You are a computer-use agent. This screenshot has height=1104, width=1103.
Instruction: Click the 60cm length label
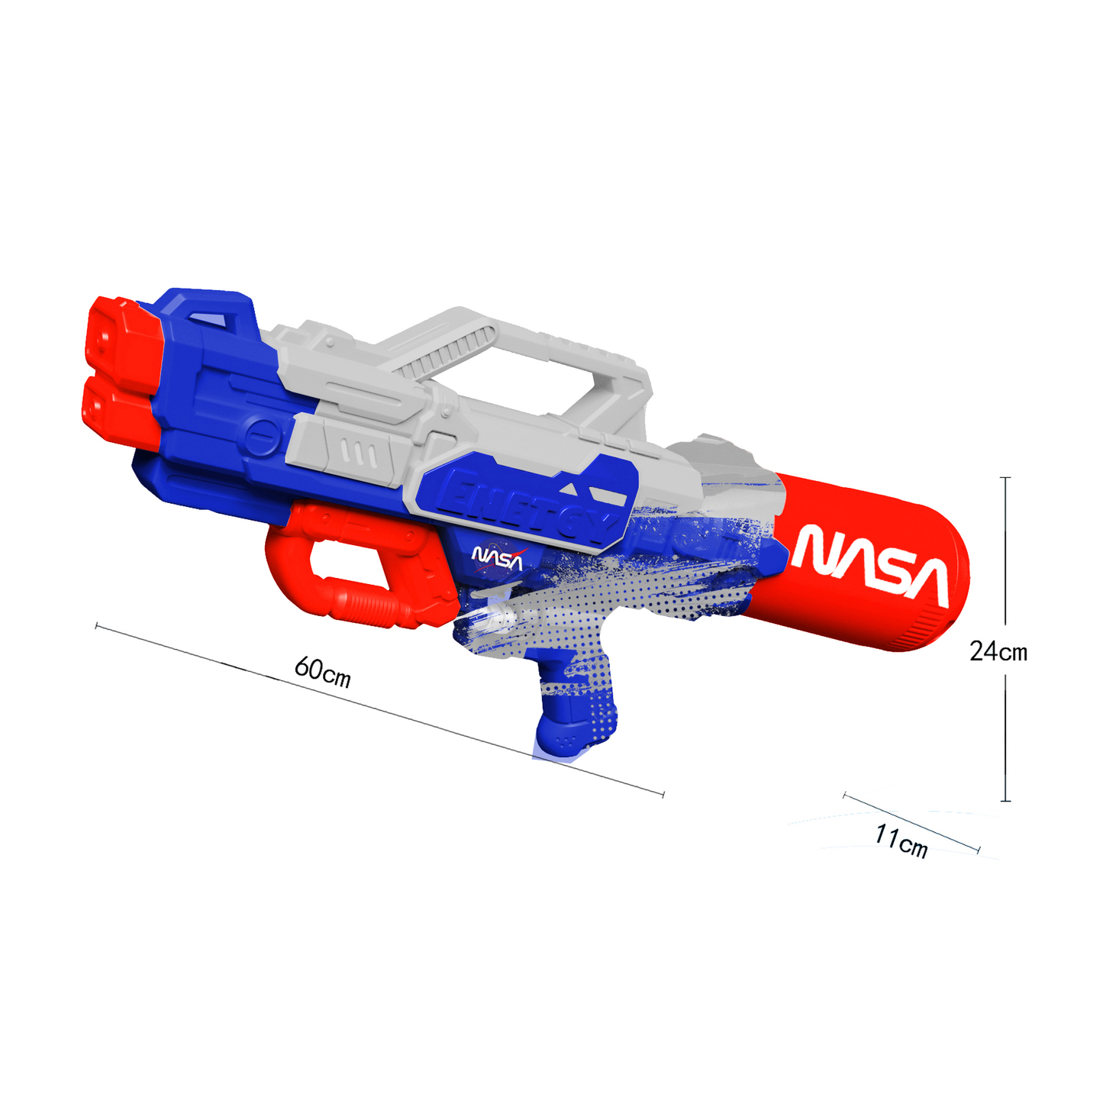pyautogui.click(x=322, y=671)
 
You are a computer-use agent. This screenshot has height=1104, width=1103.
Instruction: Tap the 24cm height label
pyautogui.click(x=998, y=651)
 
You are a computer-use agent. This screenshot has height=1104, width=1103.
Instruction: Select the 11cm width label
pyautogui.click(x=900, y=842)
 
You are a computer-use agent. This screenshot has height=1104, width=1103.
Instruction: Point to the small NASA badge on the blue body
pyautogui.click(x=496, y=559)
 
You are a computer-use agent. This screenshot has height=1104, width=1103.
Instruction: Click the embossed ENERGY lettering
pyautogui.click(x=529, y=506)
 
